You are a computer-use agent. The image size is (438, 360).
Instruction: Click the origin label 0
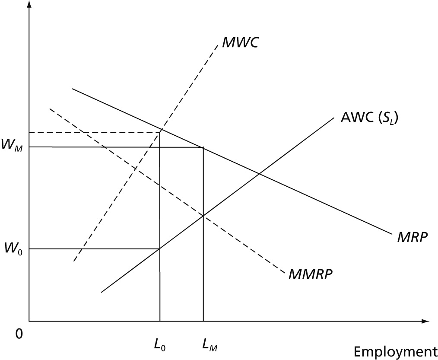[x=19, y=334]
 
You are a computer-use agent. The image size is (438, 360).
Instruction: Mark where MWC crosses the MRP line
[x=161, y=129]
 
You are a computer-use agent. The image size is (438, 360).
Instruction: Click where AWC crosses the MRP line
[x=259, y=174]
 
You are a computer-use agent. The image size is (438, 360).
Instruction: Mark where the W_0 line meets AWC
[x=160, y=248]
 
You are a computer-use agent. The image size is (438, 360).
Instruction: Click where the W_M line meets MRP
[x=203, y=148]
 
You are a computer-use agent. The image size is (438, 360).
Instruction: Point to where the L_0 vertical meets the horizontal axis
[x=160, y=321]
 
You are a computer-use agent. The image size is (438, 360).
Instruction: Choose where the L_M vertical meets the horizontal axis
[x=203, y=321]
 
